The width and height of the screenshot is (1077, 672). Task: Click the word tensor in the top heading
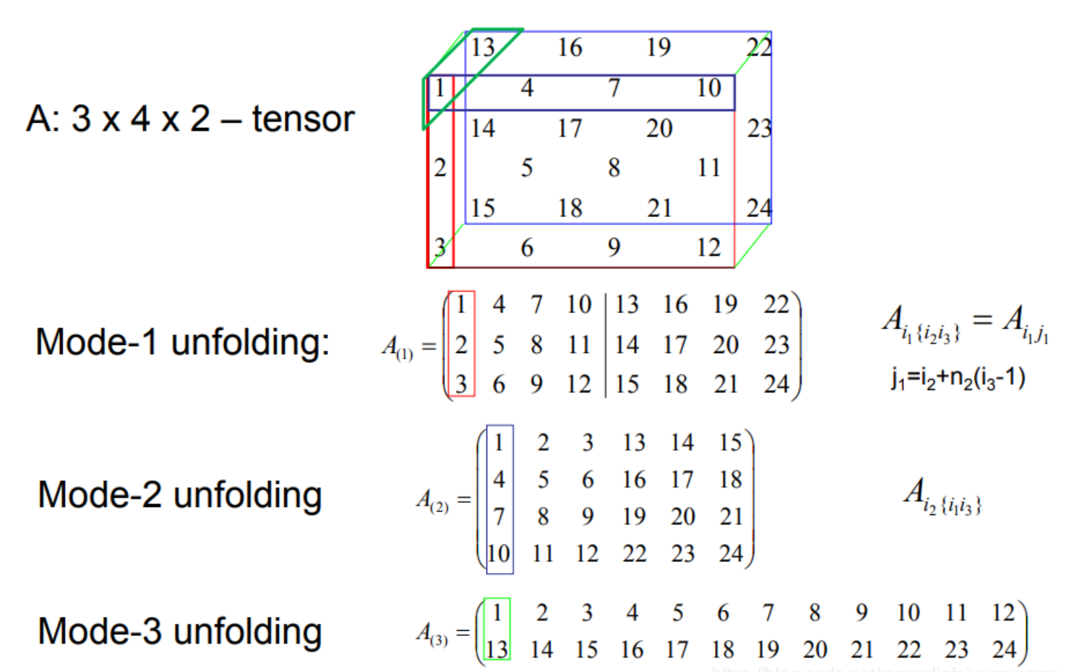(x=303, y=119)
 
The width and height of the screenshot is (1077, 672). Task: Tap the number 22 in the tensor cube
(x=759, y=48)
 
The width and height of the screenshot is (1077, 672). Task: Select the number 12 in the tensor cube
(x=708, y=248)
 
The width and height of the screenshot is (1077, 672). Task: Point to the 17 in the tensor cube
(x=570, y=129)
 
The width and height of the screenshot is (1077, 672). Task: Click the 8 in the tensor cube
(x=614, y=168)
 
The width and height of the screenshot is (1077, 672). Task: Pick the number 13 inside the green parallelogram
(x=483, y=48)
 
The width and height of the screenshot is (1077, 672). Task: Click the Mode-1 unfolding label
(x=182, y=342)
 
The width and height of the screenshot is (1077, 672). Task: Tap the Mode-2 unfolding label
(x=180, y=496)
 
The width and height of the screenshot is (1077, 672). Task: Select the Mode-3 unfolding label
(x=180, y=631)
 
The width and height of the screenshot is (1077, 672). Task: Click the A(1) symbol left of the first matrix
(x=398, y=348)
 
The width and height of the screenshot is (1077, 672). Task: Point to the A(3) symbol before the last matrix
(x=432, y=634)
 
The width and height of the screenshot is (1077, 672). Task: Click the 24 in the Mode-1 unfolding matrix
(x=776, y=384)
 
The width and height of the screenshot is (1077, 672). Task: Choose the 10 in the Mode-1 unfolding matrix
(x=579, y=305)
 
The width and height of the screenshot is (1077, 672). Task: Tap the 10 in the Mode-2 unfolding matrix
(x=499, y=554)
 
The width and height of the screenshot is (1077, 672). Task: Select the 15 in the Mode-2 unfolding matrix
(x=730, y=443)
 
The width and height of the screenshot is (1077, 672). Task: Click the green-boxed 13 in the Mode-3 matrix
(x=497, y=650)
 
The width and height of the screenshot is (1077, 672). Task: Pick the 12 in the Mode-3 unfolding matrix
(x=1003, y=613)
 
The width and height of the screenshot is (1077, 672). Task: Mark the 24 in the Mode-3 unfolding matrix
(x=1004, y=650)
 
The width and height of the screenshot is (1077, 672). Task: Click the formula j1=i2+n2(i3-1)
(x=958, y=378)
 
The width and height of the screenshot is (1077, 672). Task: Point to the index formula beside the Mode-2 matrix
(x=943, y=496)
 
